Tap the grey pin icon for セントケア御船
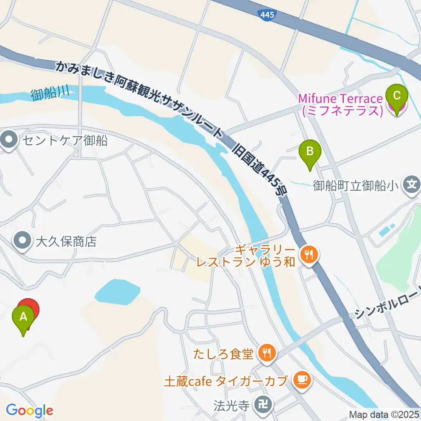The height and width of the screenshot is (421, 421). click(9, 141)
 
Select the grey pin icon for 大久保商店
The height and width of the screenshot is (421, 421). click(22, 240)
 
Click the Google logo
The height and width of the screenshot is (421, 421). click(29, 411)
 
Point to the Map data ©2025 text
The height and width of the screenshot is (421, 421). click(384, 414)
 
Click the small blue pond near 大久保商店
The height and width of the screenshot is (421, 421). click(117, 292)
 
